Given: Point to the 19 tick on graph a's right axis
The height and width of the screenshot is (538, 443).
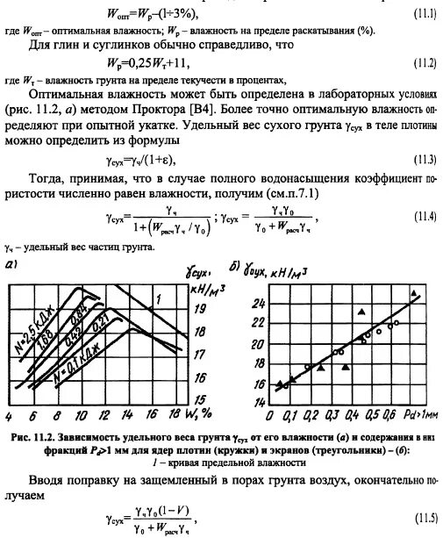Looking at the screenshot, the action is [201, 309].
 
